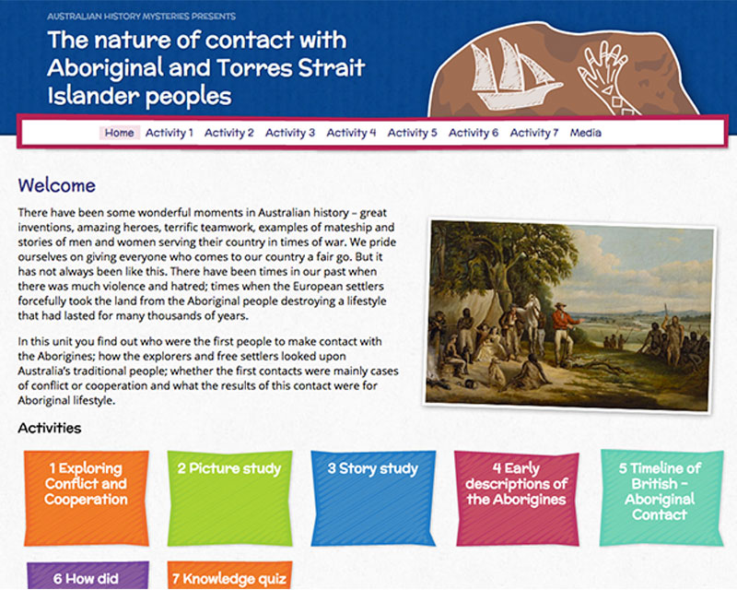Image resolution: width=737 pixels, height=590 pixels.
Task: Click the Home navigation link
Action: click(x=120, y=133)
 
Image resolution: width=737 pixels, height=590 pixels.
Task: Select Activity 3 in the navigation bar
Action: click(x=290, y=133)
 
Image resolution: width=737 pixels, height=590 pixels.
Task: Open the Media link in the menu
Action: click(x=586, y=133)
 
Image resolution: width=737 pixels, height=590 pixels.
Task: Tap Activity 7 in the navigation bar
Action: click(x=534, y=133)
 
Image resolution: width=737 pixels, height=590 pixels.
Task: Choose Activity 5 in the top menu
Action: click(x=412, y=133)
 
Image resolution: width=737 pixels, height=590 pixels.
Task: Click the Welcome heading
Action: click(x=57, y=185)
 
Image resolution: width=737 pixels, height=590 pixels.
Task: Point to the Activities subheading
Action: click(x=50, y=428)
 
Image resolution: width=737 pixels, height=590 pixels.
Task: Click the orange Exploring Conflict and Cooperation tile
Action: click(x=87, y=498)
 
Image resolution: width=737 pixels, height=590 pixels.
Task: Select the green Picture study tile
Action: click(x=229, y=498)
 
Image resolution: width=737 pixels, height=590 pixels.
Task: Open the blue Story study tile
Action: click(x=373, y=498)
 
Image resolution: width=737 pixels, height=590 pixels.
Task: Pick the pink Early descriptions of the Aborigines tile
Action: click(x=517, y=498)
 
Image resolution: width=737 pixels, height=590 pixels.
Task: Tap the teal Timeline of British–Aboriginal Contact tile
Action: click(x=661, y=498)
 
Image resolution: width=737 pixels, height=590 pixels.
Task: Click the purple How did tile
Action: click(x=88, y=575)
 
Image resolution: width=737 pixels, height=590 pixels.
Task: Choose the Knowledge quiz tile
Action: click(x=229, y=575)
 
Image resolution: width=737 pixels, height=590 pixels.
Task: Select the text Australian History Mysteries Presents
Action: click(x=142, y=17)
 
